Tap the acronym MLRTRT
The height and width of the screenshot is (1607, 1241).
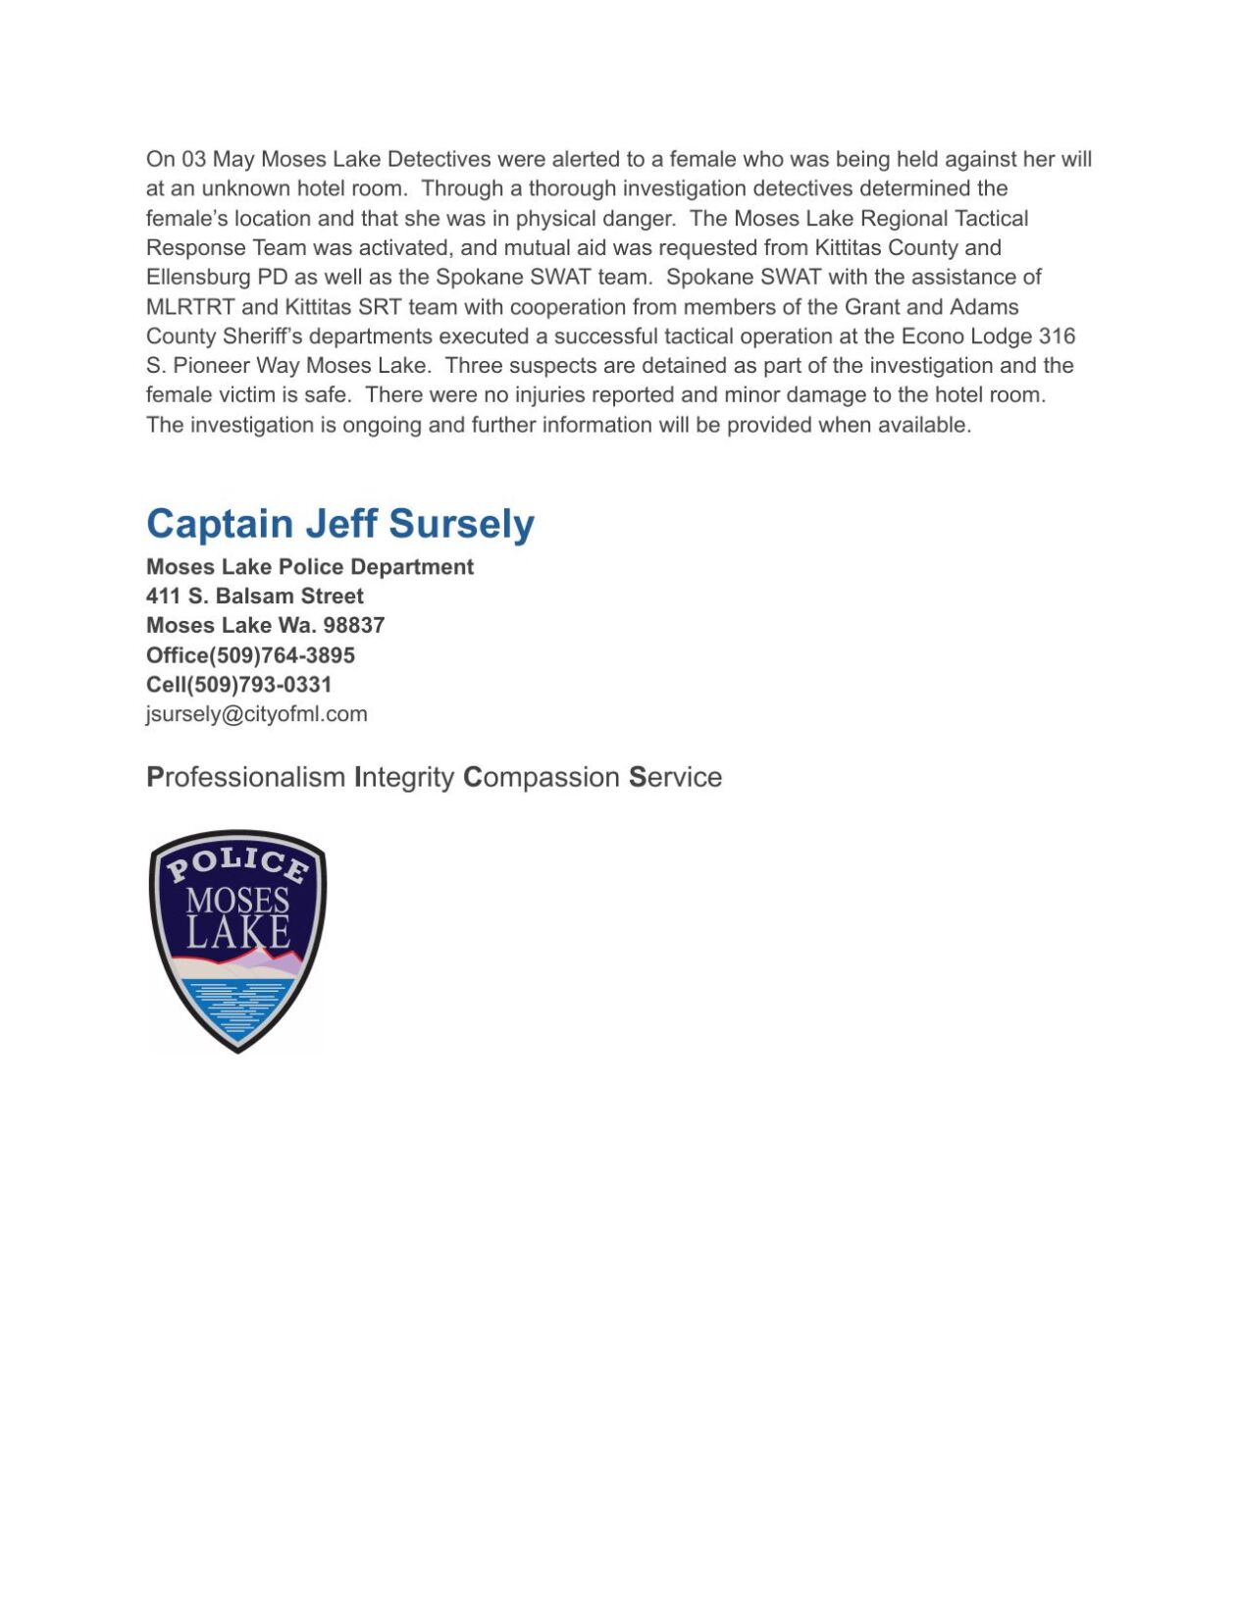pyautogui.click(x=190, y=306)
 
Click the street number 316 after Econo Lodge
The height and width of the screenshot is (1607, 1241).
pyautogui.click(x=1057, y=336)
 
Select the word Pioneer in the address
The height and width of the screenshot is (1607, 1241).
pyautogui.click(x=212, y=365)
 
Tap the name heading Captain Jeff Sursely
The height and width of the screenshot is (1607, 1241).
pyautogui.click(x=339, y=523)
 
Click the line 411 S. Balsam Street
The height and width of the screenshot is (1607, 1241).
pyautogui.click(x=254, y=596)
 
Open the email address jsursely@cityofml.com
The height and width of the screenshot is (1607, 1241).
pyautogui.click(x=256, y=713)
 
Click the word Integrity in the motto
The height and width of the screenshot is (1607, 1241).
pyautogui.click(x=403, y=777)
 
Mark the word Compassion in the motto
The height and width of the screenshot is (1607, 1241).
pyautogui.click(x=541, y=777)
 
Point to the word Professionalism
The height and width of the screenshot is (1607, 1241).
pyautogui.click(x=245, y=777)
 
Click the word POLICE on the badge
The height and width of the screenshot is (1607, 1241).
pyautogui.click(x=237, y=864)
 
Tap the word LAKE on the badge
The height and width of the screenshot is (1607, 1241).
pyautogui.click(x=238, y=932)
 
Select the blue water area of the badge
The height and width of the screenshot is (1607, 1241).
pyautogui.click(x=237, y=1006)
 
